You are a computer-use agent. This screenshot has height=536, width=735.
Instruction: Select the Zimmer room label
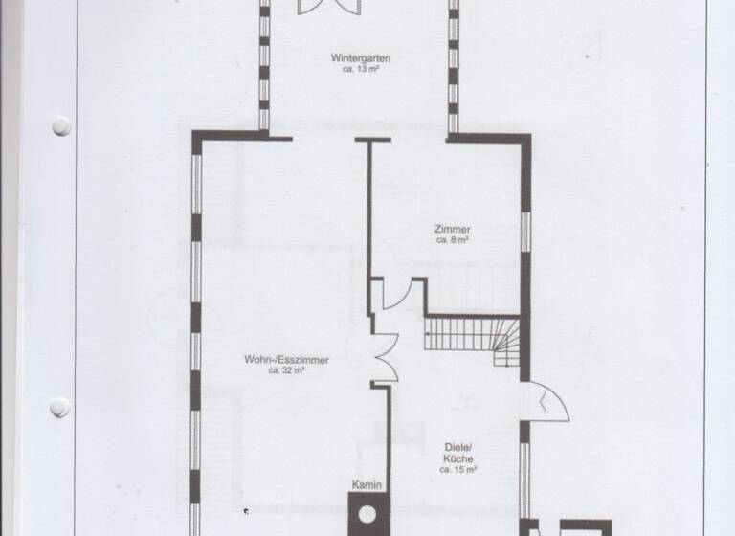(451, 230)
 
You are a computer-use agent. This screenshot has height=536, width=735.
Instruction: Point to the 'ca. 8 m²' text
(451, 241)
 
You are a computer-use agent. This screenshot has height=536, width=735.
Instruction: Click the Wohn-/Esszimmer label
(287, 360)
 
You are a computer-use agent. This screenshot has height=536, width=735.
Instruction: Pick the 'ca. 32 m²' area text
(287, 371)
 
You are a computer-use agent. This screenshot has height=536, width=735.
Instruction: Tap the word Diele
(457, 447)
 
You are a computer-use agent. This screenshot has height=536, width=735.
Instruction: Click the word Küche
(457, 458)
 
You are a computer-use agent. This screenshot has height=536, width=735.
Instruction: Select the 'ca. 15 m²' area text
(457, 470)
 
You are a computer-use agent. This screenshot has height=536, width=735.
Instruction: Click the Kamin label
(367, 486)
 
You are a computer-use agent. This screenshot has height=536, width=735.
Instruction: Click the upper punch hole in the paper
(61, 125)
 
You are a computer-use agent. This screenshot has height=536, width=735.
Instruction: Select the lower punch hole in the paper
(60, 407)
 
